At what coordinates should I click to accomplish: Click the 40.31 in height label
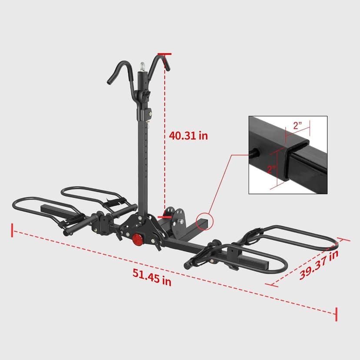click(x=188, y=136)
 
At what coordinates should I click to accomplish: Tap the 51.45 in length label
click(x=152, y=277)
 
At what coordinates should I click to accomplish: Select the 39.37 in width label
click(x=319, y=265)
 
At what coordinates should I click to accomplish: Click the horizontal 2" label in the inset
click(x=297, y=126)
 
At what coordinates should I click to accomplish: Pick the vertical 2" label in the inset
click(x=271, y=169)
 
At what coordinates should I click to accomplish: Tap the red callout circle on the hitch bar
click(x=203, y=221)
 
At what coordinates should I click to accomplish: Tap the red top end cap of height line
click(x=165, y=54)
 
